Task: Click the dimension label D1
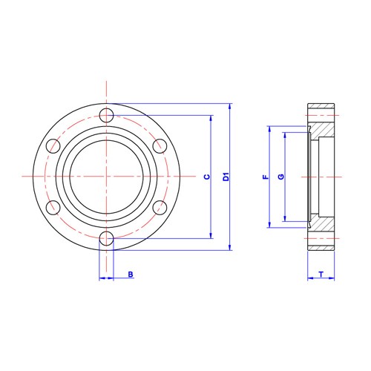(x=226, y=177)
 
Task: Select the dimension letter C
(x=207, y=177)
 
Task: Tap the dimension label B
(x=131, y=275)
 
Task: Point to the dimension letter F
(x=264, y=177)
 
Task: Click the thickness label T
(x=321, y=275)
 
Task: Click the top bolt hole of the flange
(x=107, y=115)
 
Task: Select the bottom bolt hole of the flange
(x=107, y=238)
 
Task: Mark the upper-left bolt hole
(x=53, y=145)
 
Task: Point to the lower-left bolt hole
(x=53, y=208)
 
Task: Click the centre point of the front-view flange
(x=107, y=177)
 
